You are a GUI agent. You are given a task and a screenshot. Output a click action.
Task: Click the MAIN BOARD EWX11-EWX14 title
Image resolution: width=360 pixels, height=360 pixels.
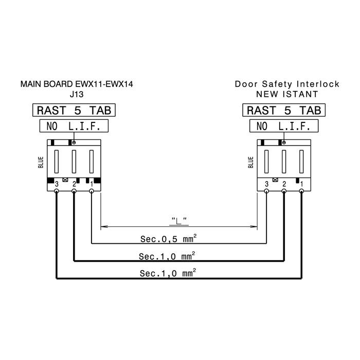click(x=77, y=84)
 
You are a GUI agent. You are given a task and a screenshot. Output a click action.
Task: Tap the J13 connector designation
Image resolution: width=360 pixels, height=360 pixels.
click(x=77, y=94)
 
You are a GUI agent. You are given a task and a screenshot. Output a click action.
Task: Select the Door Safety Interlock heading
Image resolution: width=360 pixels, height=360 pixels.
click(x=287, y=84)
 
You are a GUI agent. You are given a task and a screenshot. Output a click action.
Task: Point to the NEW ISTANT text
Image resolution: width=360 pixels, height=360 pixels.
click(x=287, y=94)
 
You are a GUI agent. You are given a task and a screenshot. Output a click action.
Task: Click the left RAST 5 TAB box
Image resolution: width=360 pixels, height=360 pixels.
click(x=74, y=110)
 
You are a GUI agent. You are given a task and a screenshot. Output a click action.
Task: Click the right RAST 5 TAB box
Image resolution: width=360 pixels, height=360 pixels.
click(x=284, y=110)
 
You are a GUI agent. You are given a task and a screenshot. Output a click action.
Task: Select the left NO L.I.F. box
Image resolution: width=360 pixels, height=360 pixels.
click(x=74, y=126)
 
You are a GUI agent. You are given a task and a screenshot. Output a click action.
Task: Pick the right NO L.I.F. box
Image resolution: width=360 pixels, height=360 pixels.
click(x=284, y=126)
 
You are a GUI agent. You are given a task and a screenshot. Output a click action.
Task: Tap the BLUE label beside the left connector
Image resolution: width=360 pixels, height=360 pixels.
click(x=41, y=163)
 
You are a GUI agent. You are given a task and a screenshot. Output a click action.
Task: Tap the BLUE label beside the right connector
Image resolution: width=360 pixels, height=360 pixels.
click(x=251, y=163)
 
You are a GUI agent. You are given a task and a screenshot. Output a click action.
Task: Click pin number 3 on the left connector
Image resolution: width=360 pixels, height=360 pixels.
click(x=57, y=184)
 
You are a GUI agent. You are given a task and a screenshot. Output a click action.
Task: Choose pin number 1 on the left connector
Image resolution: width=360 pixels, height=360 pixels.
click(x=92, y=184)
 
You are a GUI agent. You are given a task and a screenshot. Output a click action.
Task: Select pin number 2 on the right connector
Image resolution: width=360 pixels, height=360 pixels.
click(x=284, y=184)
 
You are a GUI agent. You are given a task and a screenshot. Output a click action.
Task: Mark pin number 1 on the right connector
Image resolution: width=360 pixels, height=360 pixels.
click(x=302, y=184)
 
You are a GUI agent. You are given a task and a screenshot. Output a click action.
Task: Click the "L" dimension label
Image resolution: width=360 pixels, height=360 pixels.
click(x=179, y=221)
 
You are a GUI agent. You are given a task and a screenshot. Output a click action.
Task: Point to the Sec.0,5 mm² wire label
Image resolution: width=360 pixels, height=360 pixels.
click(x=169, y=239)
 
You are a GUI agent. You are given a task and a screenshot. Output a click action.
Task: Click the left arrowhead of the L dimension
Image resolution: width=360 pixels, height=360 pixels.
click(x=104, y=227)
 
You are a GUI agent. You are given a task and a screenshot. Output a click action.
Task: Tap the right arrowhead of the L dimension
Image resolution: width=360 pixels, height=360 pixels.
click(x=254, y=227)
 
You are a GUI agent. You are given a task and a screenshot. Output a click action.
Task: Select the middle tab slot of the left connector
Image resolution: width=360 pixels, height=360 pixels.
click(x=74, y=161)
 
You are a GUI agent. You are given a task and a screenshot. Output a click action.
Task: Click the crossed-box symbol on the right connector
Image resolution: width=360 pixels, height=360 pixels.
click(x=275, y=180)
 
